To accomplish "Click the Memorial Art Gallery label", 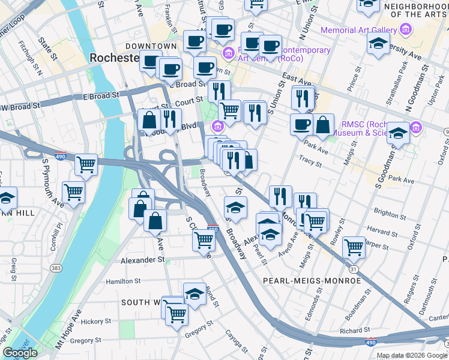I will point(359,29).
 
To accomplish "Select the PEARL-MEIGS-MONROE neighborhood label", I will point(311,281).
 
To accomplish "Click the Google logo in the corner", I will point(20,353).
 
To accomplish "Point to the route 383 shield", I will point(56,268).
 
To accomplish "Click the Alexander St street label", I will point(142,260).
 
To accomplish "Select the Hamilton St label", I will point(123,280).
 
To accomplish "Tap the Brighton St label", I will point(390,213).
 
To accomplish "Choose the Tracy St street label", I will point(311,160).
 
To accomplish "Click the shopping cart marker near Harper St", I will point(354,245).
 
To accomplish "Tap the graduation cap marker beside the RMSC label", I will point(398,134).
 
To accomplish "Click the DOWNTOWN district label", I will point(151,46).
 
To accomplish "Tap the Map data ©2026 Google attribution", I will point(412,355).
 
